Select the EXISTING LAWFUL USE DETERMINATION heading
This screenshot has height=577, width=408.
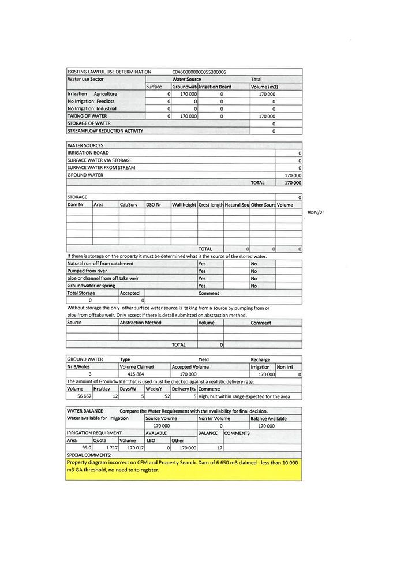pos(109,72)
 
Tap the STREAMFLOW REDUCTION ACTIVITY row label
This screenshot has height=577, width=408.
pos(105,130)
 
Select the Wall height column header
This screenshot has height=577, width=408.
pos(184,204)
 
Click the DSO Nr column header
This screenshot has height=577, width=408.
pos(154,204)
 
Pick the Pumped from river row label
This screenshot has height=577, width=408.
pos(87,271)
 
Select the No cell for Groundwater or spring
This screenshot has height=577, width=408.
pos(253,286)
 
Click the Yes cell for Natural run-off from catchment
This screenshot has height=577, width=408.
pos(202,263)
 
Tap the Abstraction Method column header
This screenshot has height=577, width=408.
pos(140,323)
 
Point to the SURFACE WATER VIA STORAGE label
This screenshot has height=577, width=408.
pos(99,160)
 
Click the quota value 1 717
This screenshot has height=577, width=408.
pos(111,448)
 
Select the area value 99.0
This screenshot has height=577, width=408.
pos(87,448)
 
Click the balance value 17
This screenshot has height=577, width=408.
pos(219,448)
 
